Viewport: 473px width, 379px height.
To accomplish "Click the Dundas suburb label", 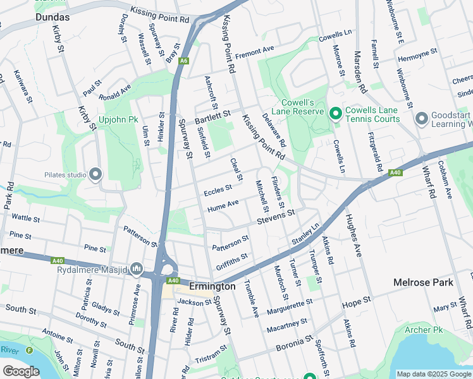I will click(17, 18).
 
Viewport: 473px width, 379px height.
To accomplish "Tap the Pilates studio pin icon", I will click(95, 174).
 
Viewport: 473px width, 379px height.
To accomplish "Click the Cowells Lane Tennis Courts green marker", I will click(335, 113).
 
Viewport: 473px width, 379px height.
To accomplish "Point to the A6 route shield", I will click(183, 61).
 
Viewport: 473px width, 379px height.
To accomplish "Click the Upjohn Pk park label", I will click(118, 119).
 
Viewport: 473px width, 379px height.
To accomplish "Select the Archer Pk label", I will click(424, 330).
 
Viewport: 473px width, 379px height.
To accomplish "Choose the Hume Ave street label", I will click(223, 205).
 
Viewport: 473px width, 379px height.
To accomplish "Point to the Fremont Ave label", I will click(255, 50).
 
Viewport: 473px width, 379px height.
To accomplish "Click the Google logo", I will click(21, 371).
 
